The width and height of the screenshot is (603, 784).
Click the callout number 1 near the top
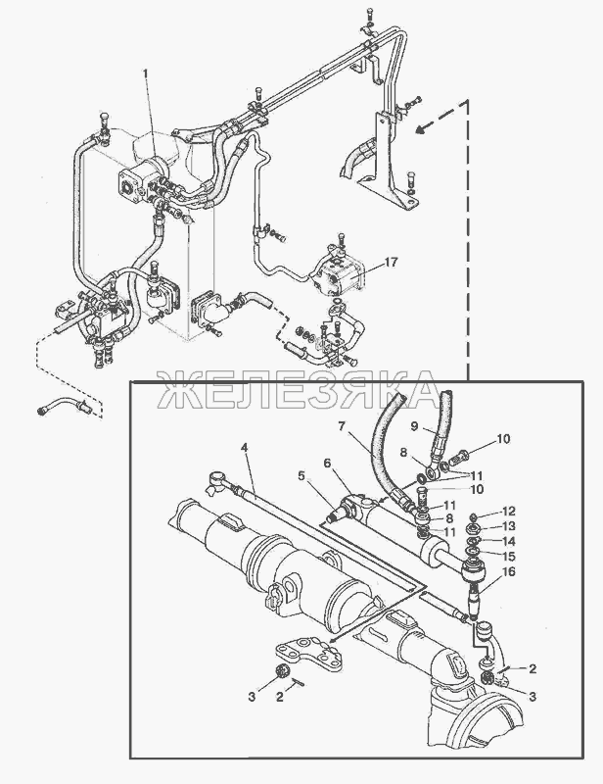coord(146,74)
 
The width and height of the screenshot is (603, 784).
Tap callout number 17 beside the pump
coord(391,262)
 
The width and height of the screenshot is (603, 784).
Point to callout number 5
coord(301,476)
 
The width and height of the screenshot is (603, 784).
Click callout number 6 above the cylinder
coord(327,463)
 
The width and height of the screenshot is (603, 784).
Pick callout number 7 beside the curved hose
coord(342,426)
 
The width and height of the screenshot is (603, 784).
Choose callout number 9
coord(414,426)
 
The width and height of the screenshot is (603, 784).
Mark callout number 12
coord(509,512)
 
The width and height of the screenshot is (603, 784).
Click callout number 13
coord(509,526)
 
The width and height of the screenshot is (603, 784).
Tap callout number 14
coord(509,541)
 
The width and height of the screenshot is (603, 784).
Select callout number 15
coord(509,556)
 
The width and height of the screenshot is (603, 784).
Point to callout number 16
coord(509,571)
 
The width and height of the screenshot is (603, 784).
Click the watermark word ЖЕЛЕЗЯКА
coord(299,390)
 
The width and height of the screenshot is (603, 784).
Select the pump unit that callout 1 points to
coord(142,181)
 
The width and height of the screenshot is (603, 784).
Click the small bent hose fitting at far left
coord(64,404)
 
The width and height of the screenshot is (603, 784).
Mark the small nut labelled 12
coord(475,516)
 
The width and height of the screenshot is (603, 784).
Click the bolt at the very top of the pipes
coord(369,15)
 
